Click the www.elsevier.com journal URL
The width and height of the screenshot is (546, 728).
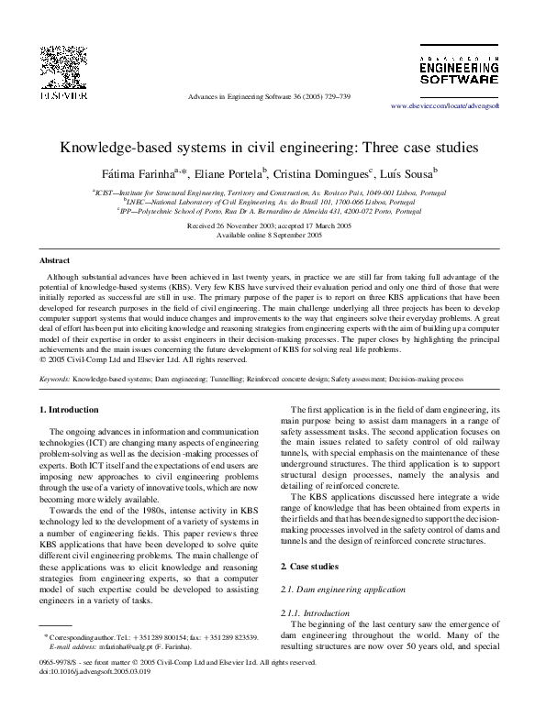[x=458, y=106]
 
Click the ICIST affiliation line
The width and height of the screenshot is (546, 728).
[x=273, y=193]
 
